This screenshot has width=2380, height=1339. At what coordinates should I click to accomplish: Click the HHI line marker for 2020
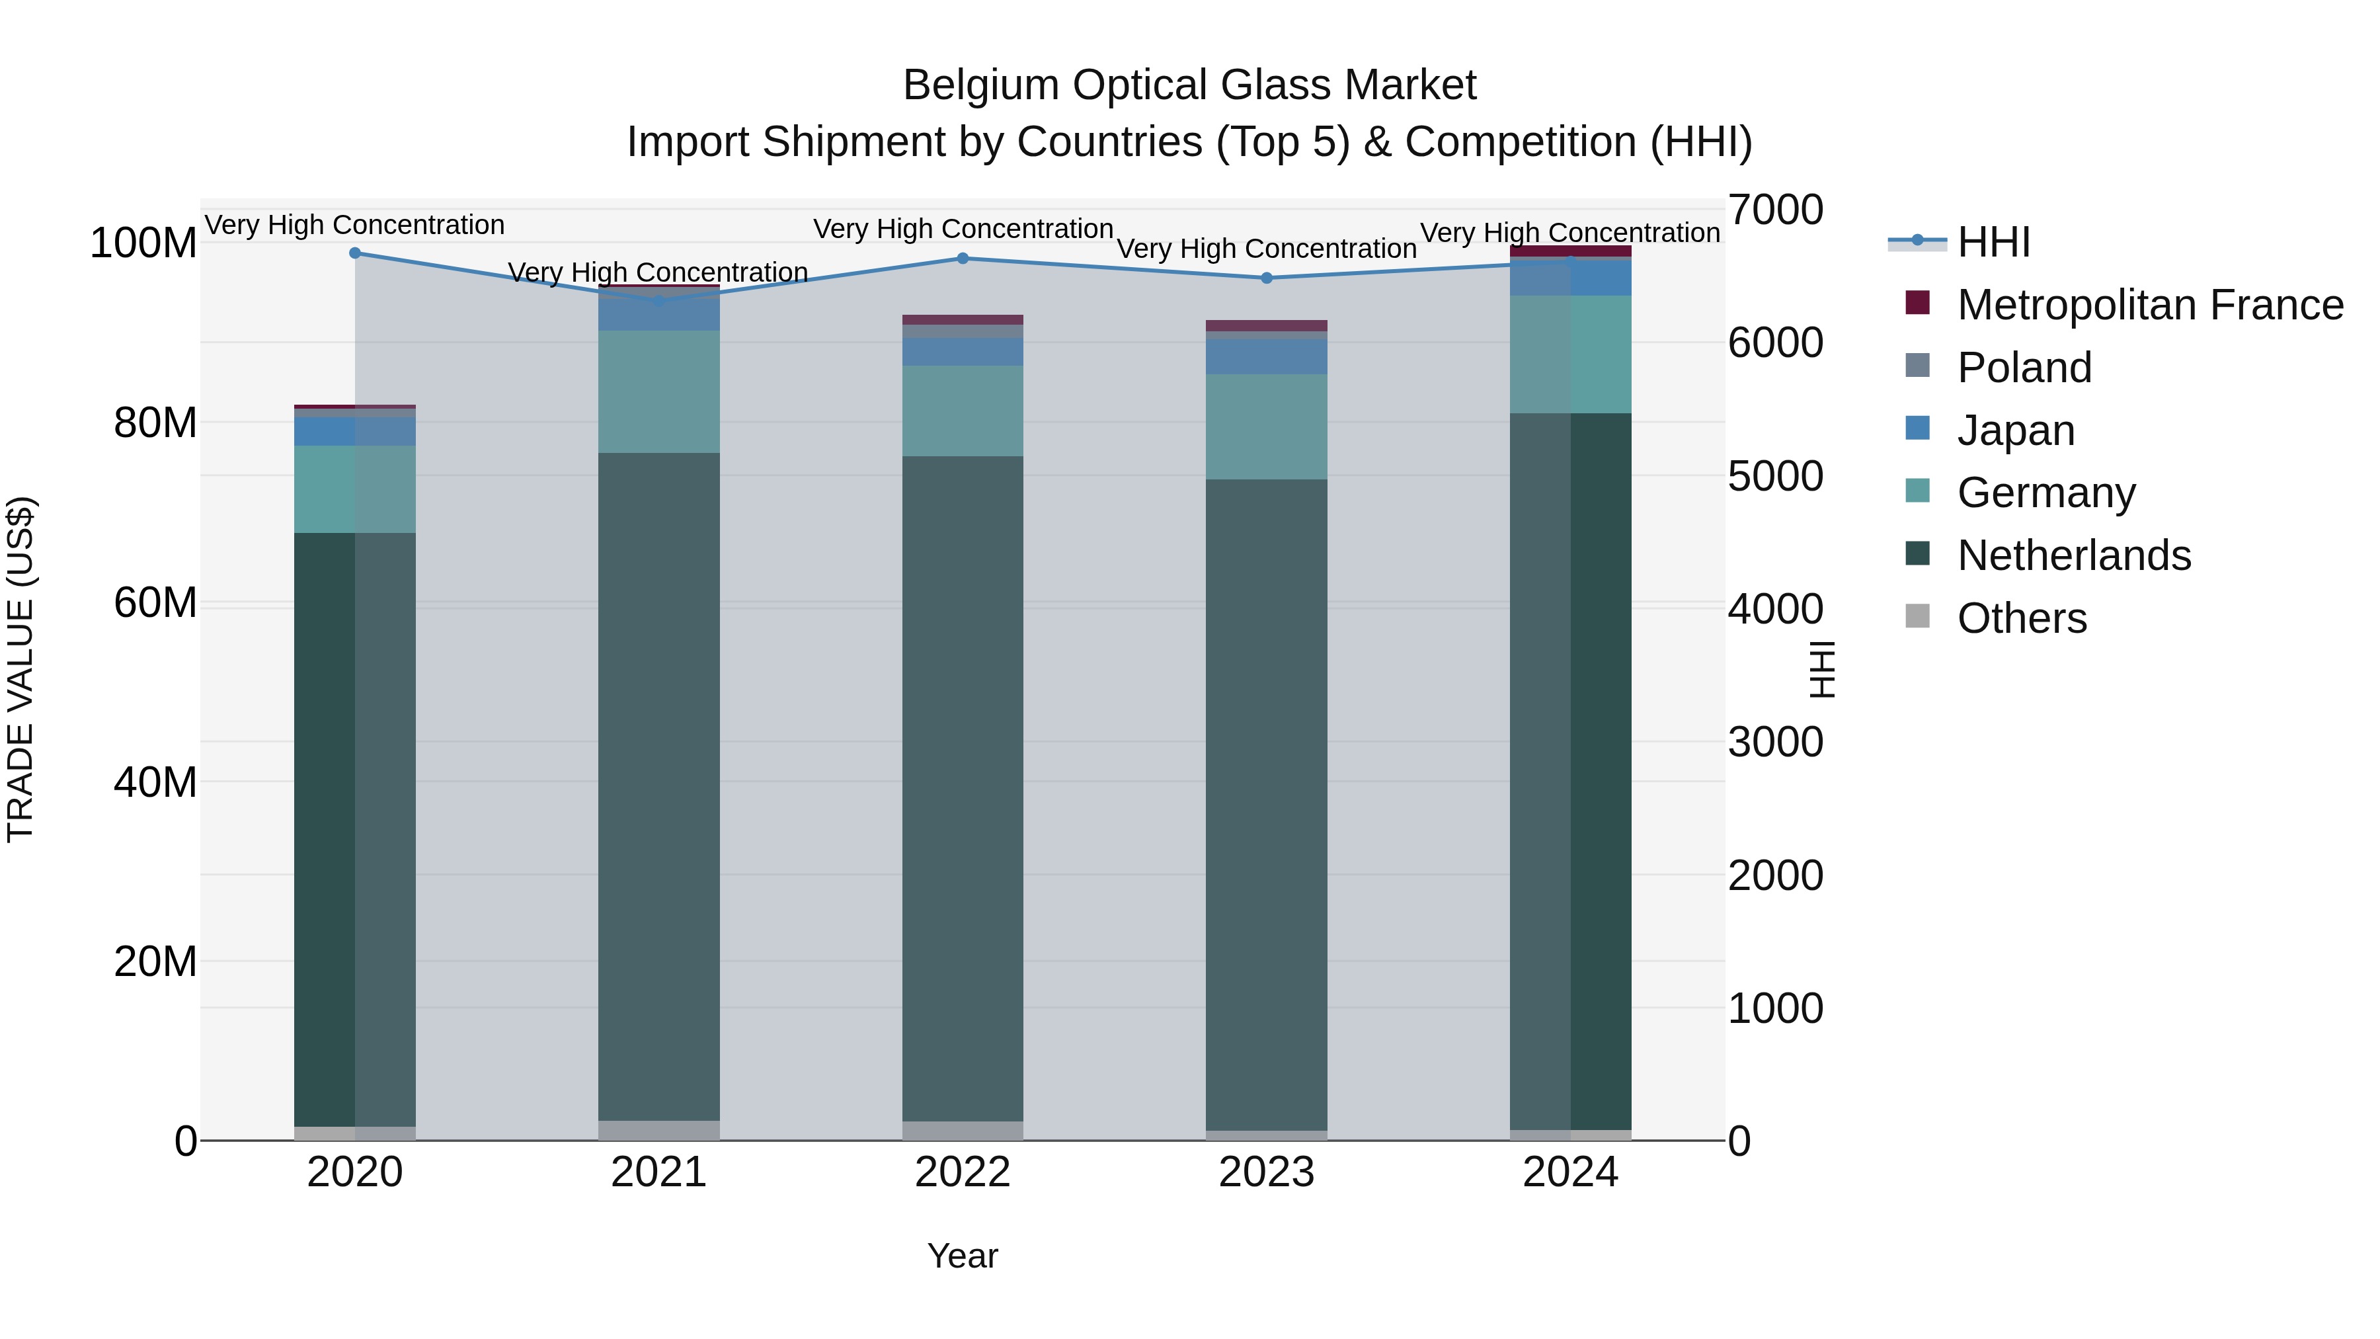[355, 253]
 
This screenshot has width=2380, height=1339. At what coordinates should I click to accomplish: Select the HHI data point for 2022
[963, 259]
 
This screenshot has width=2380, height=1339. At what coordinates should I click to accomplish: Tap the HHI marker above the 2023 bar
[1267, 278]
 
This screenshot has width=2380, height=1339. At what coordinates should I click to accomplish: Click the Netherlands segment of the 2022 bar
[963, 786]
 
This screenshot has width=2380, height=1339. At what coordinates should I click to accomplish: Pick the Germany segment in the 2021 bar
[658, 392]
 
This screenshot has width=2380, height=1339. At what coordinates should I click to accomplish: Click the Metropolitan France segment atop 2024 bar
[1571, 251]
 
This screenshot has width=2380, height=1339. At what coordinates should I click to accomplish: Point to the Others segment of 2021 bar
[658, 1130]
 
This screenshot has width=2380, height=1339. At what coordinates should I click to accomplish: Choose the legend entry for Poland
[2024, 368]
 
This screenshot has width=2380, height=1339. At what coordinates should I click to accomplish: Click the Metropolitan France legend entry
[2149, 305]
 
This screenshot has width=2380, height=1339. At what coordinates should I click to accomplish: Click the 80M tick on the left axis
[155, 423]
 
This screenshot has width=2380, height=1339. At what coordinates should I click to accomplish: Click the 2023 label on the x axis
[1267, 1172]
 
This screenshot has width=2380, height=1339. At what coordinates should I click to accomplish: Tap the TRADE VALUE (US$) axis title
[20, 669]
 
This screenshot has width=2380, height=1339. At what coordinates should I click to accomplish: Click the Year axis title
[963, 1256]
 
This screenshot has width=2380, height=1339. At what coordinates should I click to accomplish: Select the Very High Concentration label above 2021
[658, 272]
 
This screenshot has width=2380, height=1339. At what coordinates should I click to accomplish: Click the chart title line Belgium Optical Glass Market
[1189, 85]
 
